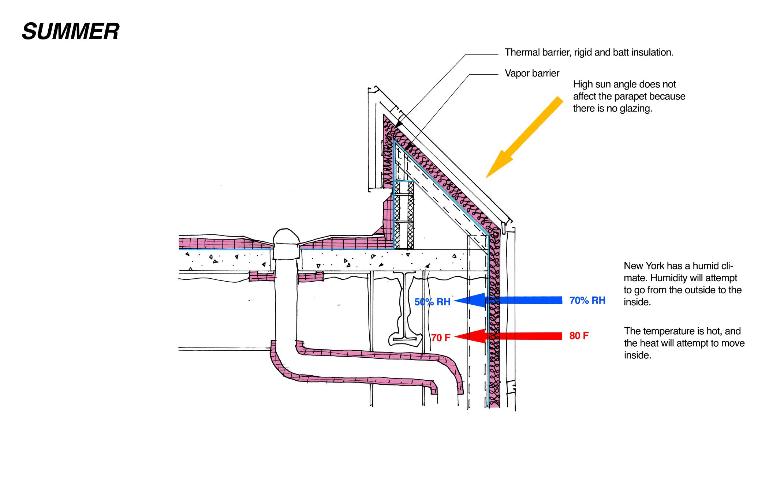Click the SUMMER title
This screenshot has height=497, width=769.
pos(71,31)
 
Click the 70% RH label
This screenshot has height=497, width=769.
pos(587,300)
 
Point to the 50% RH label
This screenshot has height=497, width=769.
pos(432,302)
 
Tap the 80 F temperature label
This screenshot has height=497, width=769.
pos(579,336)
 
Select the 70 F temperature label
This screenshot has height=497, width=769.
pos(440,338)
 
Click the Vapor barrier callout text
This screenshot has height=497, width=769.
pos(532,73)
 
